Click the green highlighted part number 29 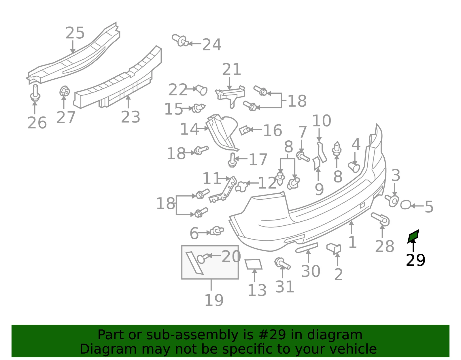(x=413, y=236)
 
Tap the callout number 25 (x=75, y=33)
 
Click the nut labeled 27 (x=65, y=91)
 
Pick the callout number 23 (x=131, y=117)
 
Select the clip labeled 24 (x=180, y=40)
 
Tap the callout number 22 (x=178, y=90)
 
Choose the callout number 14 (x=189, y=129)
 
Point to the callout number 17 (x=258, y=159)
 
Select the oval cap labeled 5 (x=405, y=205)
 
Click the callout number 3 (x=396, y=176)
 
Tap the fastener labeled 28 (x=380, y=219)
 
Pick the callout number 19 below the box (x=214, y=300)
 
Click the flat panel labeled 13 (x=253, y=264)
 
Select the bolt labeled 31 (x=282, y=264)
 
